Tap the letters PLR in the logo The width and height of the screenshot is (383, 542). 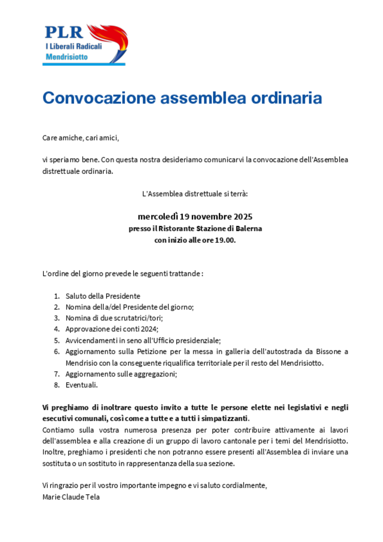(x=64, y=32)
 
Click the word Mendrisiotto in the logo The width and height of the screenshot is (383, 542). (x=66, y=57)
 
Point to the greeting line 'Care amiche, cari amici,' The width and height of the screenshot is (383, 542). (x=80, y=138)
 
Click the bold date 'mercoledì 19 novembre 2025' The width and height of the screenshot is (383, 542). (x=195, y=216)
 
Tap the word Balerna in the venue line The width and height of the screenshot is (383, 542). (x=249, y=228)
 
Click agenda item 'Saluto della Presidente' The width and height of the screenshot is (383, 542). (x=103, y=296)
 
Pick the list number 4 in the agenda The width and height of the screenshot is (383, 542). (x=57, y=329)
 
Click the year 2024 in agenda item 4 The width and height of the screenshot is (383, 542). (x=148, y=329)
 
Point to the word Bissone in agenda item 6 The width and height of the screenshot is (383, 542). (x=326, y=352)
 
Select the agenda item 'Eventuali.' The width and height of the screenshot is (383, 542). (x=81, y=385)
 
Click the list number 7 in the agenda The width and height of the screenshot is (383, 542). (x=57, y=374)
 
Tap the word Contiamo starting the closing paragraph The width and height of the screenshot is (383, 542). (x=58, y=430)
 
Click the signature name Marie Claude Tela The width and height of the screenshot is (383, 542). (x=71, y=496)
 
